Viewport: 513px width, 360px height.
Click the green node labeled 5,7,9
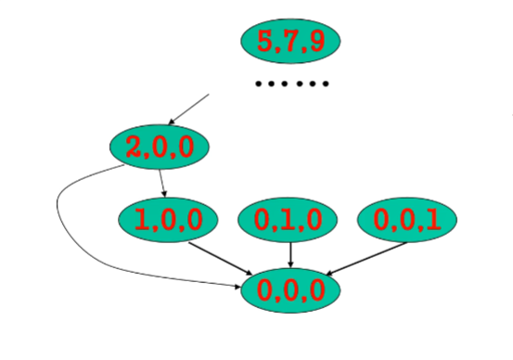pos(290,40)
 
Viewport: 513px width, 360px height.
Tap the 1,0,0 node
pos(168,220)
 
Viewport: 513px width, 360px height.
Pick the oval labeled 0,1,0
pos(288,220)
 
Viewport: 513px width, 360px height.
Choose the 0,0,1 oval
pos(407,220)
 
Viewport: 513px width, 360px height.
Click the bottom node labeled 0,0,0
pos(290,290)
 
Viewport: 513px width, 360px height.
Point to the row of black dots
pos(292,84)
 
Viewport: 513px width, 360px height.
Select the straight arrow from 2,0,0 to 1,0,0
pos(162,183)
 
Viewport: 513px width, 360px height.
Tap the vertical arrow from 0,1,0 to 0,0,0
pos(291,253)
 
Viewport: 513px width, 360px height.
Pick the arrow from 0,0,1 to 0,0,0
pos(366,258)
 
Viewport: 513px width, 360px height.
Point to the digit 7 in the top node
pos(290,41)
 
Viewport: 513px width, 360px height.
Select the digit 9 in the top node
pos(315,41)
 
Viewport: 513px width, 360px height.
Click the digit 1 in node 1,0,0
pos(142,221)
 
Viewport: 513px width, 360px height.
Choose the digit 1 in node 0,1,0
pos(288,221)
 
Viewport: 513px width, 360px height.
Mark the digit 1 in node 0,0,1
pos(432,221)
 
